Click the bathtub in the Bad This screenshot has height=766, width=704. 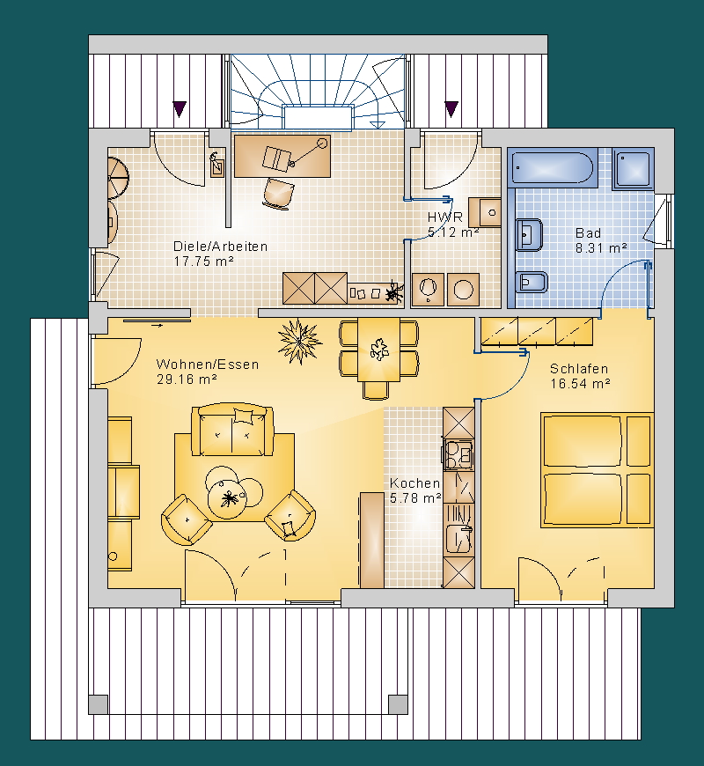[552, 168]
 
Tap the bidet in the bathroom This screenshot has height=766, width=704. [532, 282]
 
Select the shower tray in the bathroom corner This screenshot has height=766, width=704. [633, 168]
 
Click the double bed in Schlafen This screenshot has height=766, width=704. [597, 470]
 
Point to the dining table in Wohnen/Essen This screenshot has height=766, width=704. [379, 350]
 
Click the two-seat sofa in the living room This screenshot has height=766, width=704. [232, 430]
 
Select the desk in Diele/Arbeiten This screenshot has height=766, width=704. [282, 157]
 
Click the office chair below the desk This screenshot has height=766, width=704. [278, 194]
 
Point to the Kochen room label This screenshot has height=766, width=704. [415, 483]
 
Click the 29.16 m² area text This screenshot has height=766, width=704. [187, 379]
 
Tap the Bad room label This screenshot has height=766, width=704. [589, 233]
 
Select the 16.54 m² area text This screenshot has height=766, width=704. [581, 384]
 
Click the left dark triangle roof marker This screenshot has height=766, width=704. [180, 108]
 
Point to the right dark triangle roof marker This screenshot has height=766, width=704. [451, 108]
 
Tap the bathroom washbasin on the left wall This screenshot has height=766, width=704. [529, 234]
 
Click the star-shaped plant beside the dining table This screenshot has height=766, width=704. [300, 341]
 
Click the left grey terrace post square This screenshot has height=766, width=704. [99, 704]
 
